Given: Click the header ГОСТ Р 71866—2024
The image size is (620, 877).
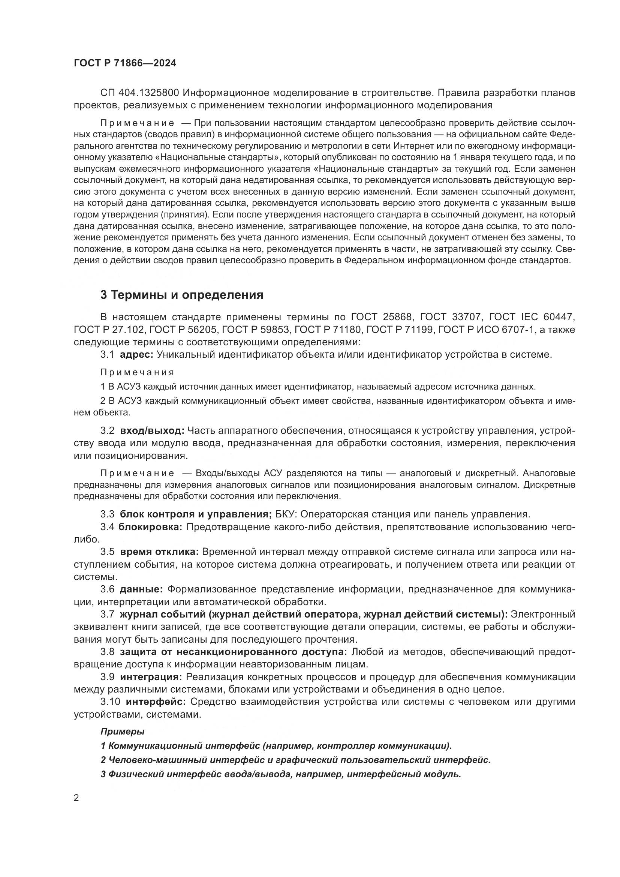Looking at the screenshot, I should (125, 63).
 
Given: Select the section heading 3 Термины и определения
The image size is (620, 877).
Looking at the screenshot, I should (182, 295).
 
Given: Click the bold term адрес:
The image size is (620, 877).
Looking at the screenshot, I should (137, 354).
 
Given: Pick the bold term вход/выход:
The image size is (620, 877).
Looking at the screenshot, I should (152, 430).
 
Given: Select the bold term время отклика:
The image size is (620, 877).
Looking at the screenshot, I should (159, 552).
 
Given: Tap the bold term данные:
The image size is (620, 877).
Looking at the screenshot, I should (141, 589).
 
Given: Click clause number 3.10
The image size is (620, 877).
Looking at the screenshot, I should (110, 702).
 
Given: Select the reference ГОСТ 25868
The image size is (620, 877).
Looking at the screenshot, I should (382, 317).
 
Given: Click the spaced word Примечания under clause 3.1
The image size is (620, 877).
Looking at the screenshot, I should (138, 372).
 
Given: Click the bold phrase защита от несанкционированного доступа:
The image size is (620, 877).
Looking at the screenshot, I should (233, 652).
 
